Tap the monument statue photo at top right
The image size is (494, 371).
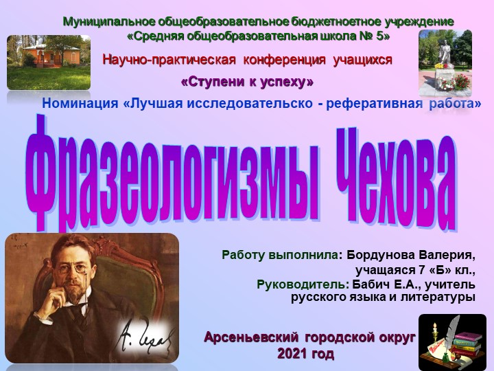445,63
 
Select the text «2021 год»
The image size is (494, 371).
305,355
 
